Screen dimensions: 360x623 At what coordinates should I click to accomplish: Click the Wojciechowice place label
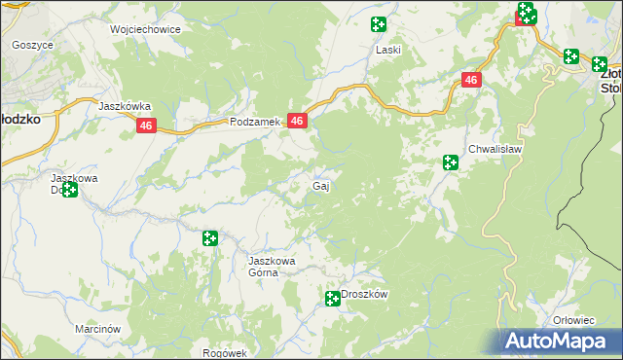pos(146,29)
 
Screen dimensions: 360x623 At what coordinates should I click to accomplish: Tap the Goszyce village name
pos(30,45)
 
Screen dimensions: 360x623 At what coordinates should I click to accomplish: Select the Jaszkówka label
pos(124,106)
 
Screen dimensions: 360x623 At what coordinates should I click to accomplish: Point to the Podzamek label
pos(255,123)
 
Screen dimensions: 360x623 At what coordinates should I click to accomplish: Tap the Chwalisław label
pos(495,149)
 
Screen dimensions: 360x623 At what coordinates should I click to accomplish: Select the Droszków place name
pos(365,295)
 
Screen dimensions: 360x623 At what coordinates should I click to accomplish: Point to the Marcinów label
pos(97,329)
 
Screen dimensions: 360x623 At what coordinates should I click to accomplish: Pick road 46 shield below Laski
pos(471,81)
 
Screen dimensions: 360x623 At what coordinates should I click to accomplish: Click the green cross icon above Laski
pos(378,24)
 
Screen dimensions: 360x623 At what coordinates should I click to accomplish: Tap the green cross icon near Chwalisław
pos(450,162)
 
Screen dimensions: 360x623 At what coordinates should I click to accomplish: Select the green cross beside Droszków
pos(331,298)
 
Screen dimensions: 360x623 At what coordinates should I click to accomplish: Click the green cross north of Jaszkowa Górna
pos(209,237)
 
